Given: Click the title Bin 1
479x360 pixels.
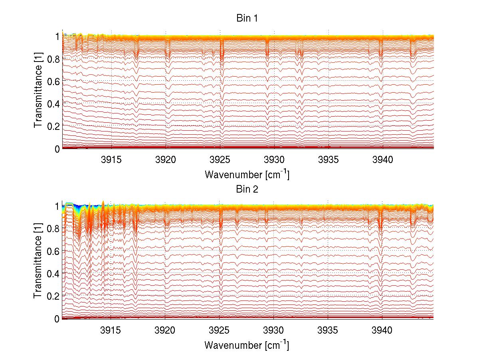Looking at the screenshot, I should (x=247, y=19).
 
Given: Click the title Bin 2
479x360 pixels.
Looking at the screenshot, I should (x=247, y=189).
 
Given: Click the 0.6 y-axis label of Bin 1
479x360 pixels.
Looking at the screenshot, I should (x=52, y=81).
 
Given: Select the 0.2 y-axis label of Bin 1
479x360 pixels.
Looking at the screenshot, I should (x=52, y=126).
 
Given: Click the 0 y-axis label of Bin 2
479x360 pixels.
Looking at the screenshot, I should (x=57, y=319).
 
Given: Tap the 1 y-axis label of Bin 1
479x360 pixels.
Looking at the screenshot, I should (x=57, y=36).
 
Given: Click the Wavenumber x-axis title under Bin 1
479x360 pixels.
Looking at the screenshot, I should (x=247, y=175).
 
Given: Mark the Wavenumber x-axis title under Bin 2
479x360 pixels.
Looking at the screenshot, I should (x=247, y=344).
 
